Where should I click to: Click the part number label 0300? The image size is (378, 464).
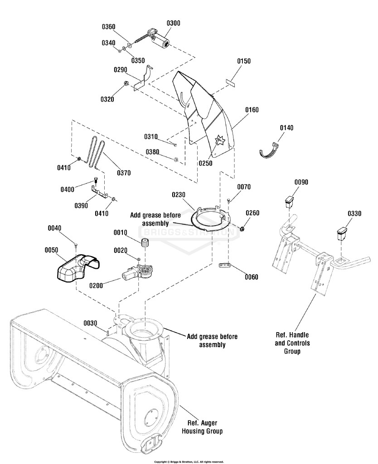(x=173, y=23)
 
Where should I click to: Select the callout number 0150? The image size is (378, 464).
(x=243, y=61)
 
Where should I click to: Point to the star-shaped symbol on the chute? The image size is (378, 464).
(x=220, y=140)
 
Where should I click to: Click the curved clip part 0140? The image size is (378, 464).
(x=270, y=150)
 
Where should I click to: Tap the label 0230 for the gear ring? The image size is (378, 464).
(x=179, y=195)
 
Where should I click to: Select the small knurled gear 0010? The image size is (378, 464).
(x=145, y=243)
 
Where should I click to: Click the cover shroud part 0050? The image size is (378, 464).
(x=77, y=267)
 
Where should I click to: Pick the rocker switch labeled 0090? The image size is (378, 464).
(x=290, y=202)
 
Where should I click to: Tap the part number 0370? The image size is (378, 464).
(x=124, y=173)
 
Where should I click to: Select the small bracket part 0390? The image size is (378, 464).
(x=100, y=192)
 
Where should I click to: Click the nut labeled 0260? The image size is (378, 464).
(x=242, y=228)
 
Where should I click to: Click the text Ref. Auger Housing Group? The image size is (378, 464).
(x=202, y=427)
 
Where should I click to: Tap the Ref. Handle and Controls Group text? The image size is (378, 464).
(x=292, y=343)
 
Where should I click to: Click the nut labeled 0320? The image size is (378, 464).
(x=126, y=84)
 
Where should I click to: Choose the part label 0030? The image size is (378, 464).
(x=90, y=323)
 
